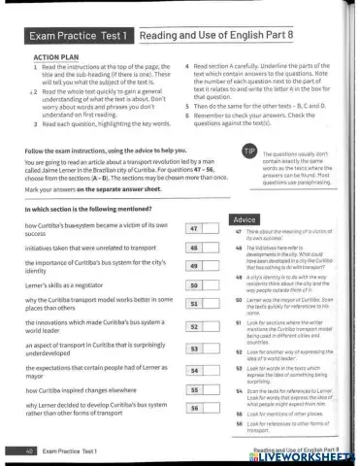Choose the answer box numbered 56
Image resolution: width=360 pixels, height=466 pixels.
[199, 410]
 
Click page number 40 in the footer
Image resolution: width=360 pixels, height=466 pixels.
[32, 451]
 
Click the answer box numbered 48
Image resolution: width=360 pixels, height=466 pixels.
[199, 248]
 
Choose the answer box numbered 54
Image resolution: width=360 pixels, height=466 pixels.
[199, 370]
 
